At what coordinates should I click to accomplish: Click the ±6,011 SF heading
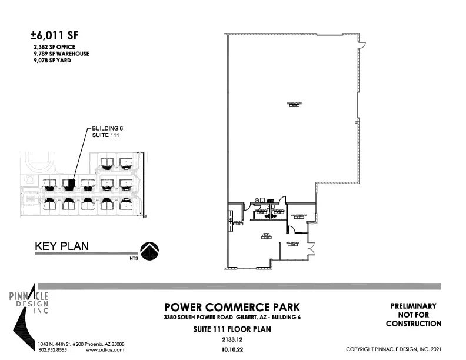(58, 35)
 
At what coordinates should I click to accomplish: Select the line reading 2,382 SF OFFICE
(54, 46)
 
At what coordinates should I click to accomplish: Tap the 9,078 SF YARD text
(52, 59)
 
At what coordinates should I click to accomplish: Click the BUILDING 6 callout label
(107, 128)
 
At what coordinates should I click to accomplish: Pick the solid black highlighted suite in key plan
(70, 184)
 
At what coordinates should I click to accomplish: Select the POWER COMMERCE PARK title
(232, 307)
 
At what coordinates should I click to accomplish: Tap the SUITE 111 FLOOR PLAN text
(232, 329)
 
